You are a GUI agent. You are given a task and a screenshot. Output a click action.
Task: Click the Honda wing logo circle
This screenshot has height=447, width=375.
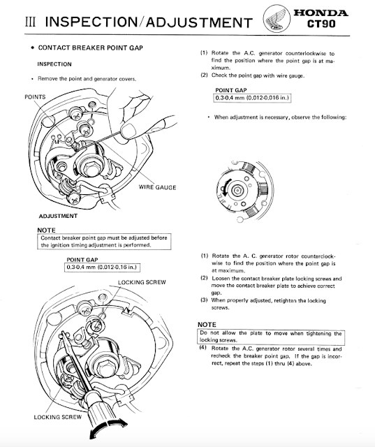pos(276,19)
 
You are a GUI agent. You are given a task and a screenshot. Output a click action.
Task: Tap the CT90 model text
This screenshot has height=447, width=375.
pos(321,24)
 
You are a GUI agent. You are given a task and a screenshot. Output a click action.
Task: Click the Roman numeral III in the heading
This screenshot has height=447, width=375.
pos(30,22)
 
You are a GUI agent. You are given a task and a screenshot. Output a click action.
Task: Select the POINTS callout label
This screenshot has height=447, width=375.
pos(35,97)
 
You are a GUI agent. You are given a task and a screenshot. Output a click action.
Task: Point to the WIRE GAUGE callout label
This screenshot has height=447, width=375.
pos(157,187)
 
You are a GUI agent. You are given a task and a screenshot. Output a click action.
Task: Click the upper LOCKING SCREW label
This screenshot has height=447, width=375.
pos(142,282)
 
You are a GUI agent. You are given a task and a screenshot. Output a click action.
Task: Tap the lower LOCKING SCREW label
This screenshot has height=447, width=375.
pos(57,417)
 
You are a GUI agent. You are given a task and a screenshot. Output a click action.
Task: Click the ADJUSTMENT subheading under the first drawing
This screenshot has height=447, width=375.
pos(58,216)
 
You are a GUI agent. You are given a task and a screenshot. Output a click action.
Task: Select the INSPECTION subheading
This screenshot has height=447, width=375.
pos(54,64)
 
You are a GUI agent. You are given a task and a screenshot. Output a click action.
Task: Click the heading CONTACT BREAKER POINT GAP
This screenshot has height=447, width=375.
pos(90,47)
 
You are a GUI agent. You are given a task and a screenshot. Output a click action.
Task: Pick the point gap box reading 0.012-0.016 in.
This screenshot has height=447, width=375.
pos(252,98)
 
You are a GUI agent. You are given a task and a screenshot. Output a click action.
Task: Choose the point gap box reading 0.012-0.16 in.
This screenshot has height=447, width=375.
pos(102,268)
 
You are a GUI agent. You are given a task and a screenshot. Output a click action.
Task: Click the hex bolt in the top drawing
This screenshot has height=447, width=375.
pos(91,168)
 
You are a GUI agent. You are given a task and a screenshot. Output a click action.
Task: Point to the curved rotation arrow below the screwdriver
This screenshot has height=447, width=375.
pos(108,428)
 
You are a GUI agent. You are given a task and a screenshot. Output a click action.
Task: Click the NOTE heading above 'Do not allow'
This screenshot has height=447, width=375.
pos(207,324)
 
